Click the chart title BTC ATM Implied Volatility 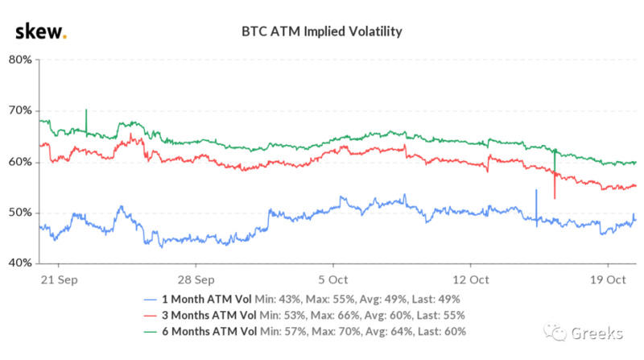pyautogui.click(x=322, y=32)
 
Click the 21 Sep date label pyautogui.click(x=58, y=280)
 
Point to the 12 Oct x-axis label pyautogui.click(x=470, y=280)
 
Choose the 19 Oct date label pyautogui.click(x=608, y=280)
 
